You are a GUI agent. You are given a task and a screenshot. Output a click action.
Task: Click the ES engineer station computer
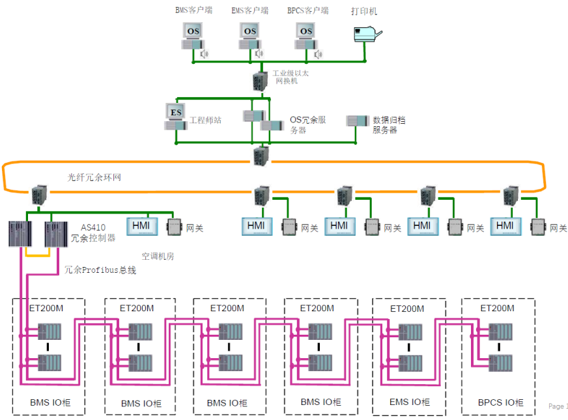tap(176, 115)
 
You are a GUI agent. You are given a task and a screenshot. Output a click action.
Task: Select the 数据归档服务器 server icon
tap(357, 121)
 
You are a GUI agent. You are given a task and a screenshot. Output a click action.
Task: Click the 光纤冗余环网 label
tap(94, 176)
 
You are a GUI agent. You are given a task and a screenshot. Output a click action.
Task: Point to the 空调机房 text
tap(158, 256)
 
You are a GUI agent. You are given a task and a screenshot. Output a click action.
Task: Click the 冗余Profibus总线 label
tap(100, 270)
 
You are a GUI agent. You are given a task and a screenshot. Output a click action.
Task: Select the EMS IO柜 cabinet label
tap(408, 402)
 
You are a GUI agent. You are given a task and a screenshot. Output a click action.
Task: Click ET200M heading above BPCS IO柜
tap(497, 308)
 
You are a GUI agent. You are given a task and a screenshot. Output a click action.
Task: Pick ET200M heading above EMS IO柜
tap(407, 308)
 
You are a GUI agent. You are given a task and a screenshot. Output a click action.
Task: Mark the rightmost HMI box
tap(505, 226)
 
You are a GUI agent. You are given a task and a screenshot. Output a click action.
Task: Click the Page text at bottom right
tap(558, 406)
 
